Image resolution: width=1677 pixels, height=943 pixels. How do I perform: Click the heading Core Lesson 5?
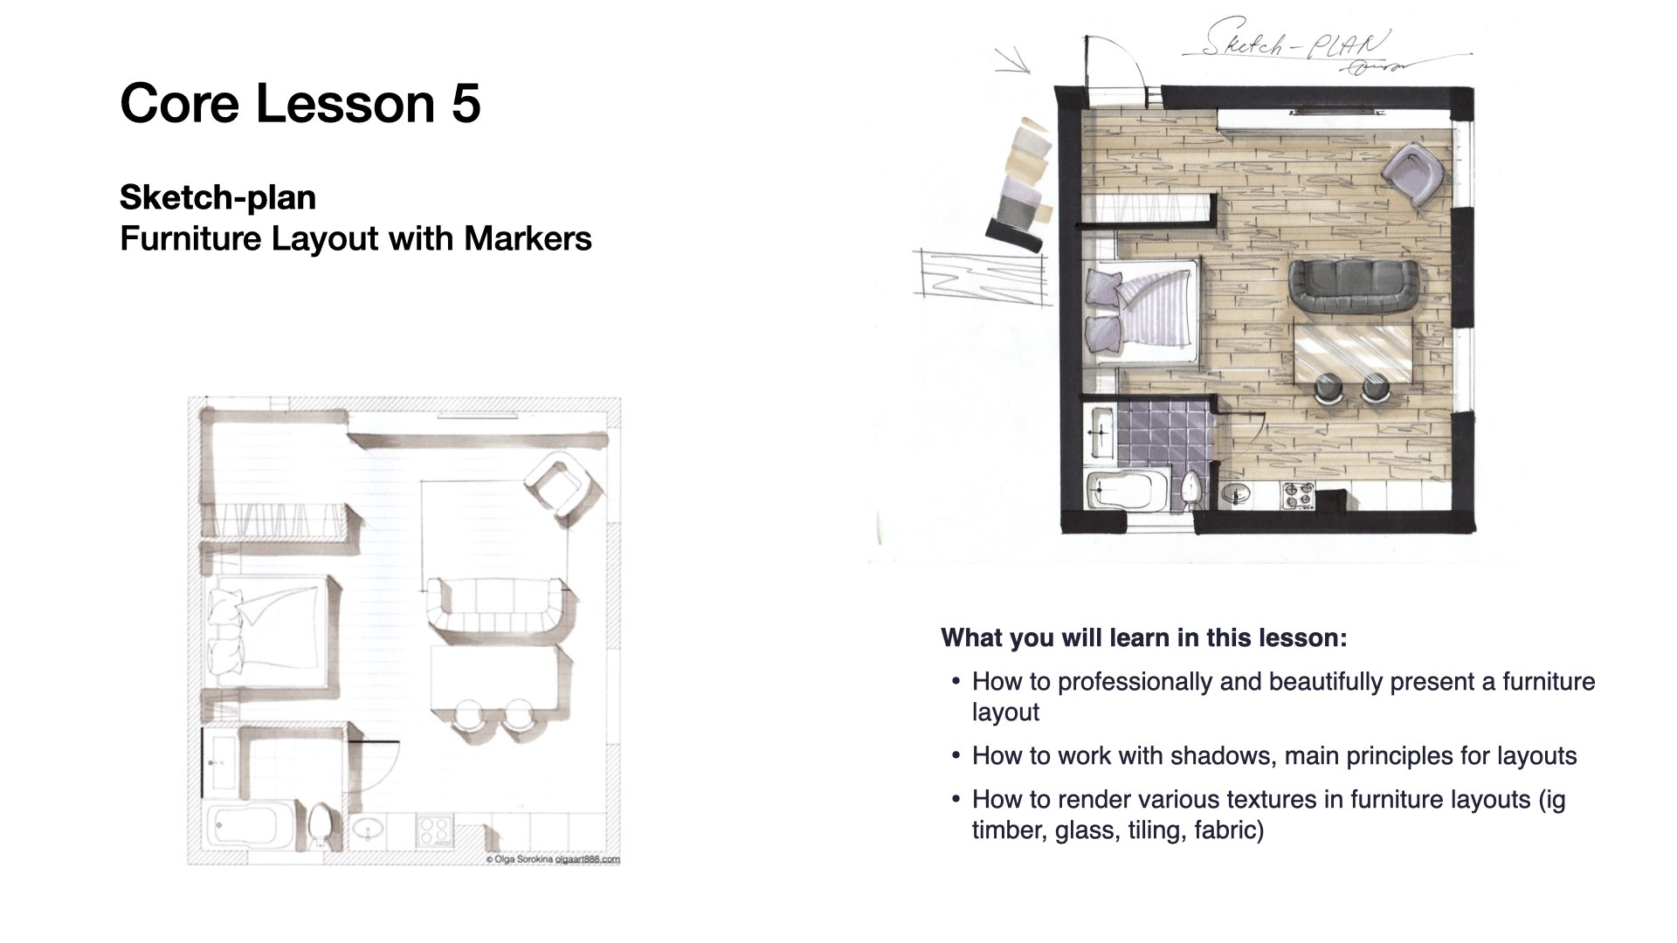tap(300, 103)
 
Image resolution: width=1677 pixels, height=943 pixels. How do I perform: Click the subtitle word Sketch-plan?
tap(217, 198)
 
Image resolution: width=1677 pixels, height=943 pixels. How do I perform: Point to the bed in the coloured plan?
tap(1142, 311)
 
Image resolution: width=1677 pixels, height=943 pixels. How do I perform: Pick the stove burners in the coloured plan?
tap(1297, 496)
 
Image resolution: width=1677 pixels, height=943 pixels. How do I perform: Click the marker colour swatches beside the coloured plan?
tap(1023, 182)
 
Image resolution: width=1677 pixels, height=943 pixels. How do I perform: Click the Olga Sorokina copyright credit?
tap(552, 859)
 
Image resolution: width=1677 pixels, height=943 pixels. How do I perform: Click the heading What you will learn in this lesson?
tap(1144, 637)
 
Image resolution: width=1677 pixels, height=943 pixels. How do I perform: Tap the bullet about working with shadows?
tap(1274, 755)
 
